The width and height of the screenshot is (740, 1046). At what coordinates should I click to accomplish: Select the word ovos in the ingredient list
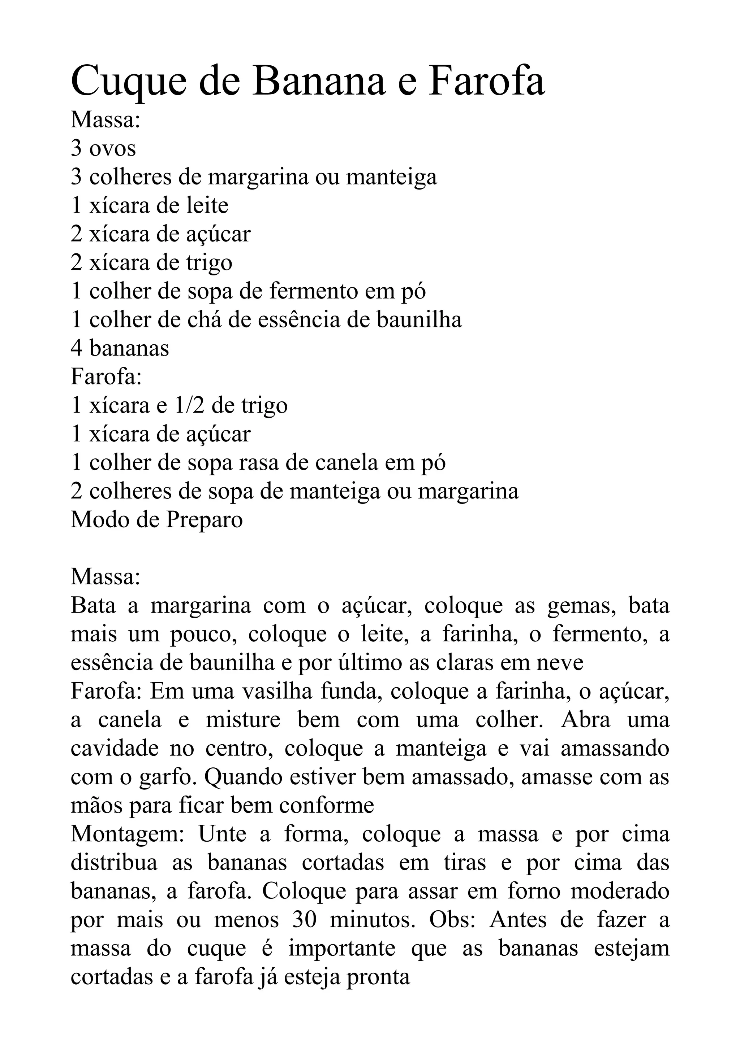pyautogui.click(x=113, y=149)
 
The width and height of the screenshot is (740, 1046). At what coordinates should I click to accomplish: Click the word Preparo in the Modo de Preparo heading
pyautogui.click(x=204, y=520)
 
